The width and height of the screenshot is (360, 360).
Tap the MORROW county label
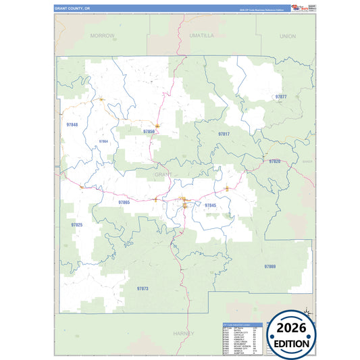[x=103, y=34]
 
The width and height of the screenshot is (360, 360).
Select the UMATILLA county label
[x=201, y=34]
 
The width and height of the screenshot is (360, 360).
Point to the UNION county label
[x=287, y=35]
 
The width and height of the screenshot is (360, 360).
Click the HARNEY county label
[x=183, y=333]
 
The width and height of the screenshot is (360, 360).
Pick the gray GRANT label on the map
[x=164, y=174]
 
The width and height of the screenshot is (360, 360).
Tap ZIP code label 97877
[x=282, y=97]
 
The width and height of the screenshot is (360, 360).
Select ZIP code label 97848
[x=72, y=125]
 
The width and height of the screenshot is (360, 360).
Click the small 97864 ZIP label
[x=103, y=141]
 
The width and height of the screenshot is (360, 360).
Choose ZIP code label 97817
[x=224, y=134]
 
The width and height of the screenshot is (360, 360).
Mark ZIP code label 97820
[x=274, y=161]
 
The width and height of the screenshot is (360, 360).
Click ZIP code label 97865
[x=124, y=202]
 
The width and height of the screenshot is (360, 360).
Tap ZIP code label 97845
[x=210, y=205]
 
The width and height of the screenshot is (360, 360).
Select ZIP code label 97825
[x=76, y=224]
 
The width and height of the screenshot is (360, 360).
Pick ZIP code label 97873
[x=142, y=288]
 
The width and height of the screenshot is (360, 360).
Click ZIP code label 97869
[x=269, y=267]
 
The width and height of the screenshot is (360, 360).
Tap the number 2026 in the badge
[x=293, y=328]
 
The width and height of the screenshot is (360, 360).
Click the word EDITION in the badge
[x=293, y=343]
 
